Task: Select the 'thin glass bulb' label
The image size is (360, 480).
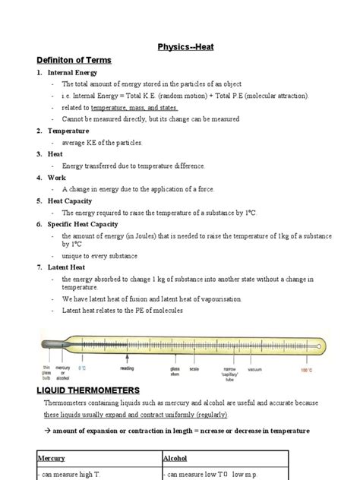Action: [x=46, y=372]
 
